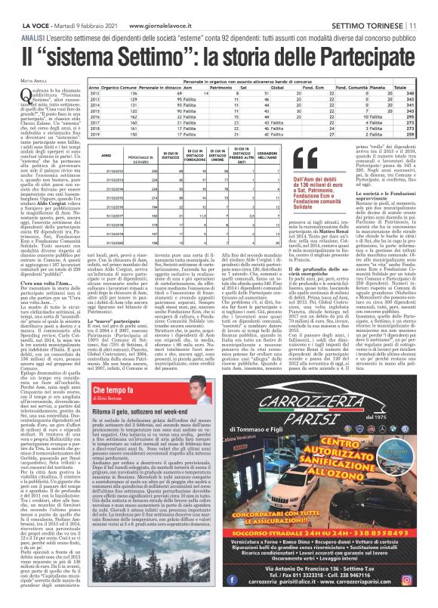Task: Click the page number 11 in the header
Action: click(429, 7)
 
